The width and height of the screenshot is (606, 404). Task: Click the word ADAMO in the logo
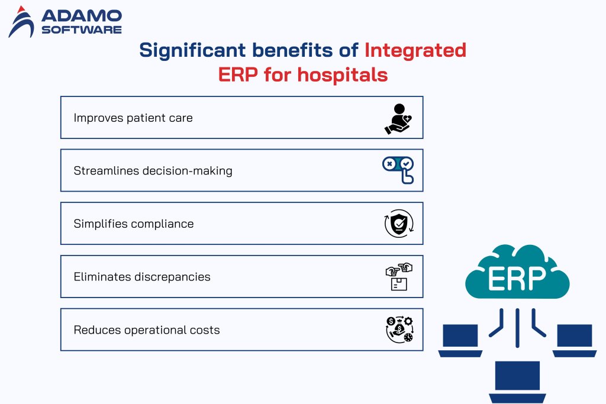[x=81, y=15]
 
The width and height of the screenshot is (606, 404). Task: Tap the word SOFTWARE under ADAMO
[x=81, y=29]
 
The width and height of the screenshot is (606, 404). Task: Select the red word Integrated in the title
[x=415, y=50]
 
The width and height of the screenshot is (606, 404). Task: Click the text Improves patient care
[x=133, y=118]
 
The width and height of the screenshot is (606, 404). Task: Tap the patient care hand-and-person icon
[x=398, y=118]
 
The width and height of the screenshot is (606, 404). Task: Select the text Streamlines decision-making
[x=153, y=171]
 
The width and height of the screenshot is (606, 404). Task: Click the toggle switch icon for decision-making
[x=398, y=170]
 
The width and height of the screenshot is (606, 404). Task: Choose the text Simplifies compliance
[x=134, y=224]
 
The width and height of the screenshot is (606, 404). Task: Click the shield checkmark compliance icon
[x=398, y=224]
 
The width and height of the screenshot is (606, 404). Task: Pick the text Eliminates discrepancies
[x=142, y=277]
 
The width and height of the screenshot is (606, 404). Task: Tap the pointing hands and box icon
[x=398, y=277]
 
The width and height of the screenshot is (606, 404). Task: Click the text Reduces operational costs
[x=147, y=330]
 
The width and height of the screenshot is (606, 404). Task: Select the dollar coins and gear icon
[x=398, y=330]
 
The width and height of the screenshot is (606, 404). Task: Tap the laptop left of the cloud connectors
[x=460, y=340]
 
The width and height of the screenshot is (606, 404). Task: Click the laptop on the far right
[x=575, y=340]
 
